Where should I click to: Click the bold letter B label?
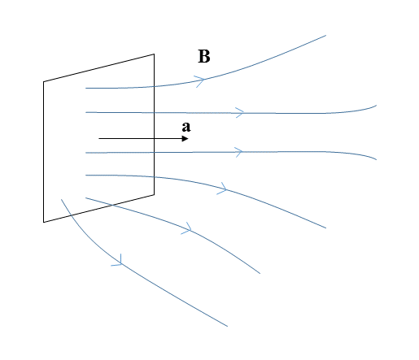coord(204,56)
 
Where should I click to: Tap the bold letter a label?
coord(186,127)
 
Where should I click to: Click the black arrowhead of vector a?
coord(185,139)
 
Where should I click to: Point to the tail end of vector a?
coord(99,139)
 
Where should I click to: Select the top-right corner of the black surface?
coord(154,54)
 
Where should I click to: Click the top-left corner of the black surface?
coord(44,81)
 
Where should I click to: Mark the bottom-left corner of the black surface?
coord(44,222)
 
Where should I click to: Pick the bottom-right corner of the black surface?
coord(154,194)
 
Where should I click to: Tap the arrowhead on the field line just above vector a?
coord(240,112)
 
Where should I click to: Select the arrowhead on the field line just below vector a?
coord(238,152)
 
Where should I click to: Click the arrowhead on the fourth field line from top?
coord(223,189)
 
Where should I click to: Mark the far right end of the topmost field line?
coord(325,35)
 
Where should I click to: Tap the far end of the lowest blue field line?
coord(227,326)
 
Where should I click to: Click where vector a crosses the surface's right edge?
coord(154,139)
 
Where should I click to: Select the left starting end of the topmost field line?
coord(85,88)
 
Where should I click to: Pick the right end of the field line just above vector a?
coord(377,106)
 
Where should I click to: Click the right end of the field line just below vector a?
coord(377,159)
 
